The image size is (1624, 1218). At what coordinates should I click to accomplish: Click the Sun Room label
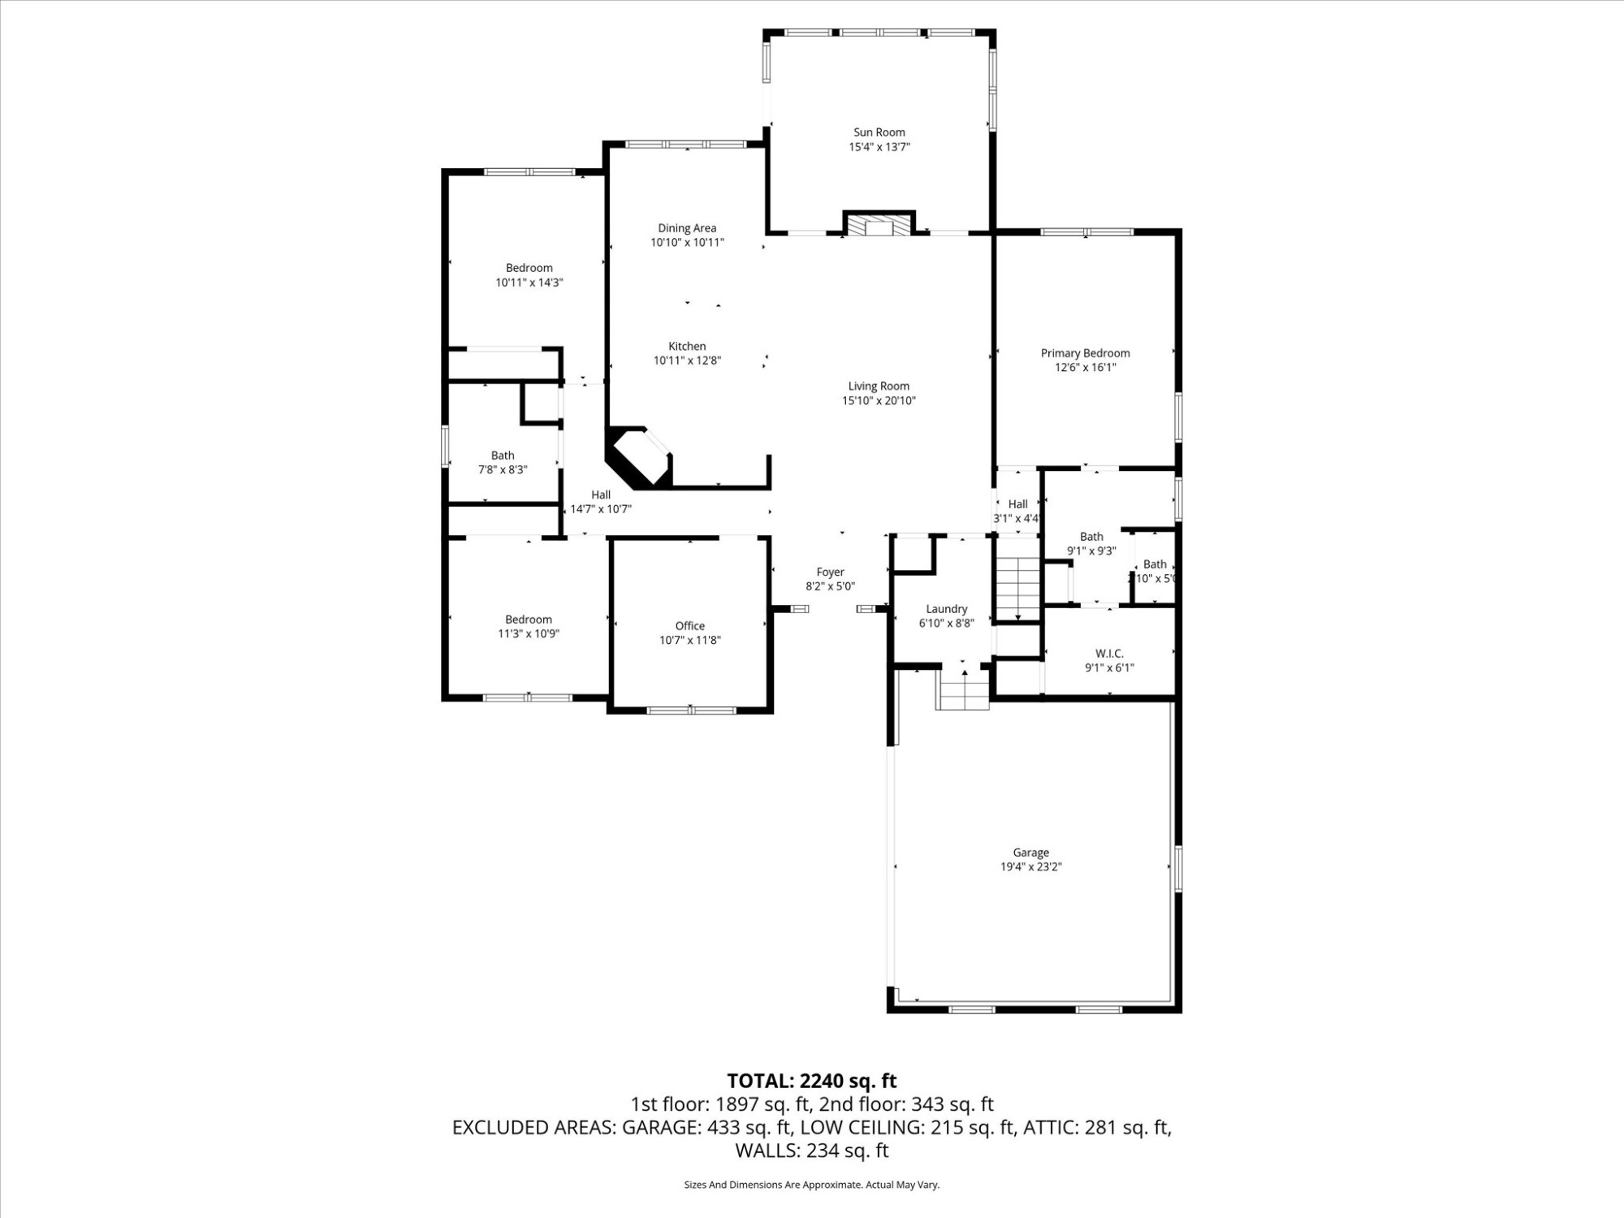click(x=879, y=132)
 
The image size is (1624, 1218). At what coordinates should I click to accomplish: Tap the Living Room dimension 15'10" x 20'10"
click(x=879, y=400)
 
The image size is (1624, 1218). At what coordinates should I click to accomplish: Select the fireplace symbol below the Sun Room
click(x=879, y=225)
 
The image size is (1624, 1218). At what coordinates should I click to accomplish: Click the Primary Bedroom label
click(x=1085, y=353)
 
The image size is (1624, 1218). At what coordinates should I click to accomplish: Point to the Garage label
click(x=1030, y=853)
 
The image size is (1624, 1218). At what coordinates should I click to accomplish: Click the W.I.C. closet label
click(x=1109, y=654)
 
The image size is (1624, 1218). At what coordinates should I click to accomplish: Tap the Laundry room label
click(x=946, y=609)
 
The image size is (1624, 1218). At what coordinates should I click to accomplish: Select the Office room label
click(x=689, y=626)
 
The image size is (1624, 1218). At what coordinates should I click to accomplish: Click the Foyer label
click(x=830, y=572)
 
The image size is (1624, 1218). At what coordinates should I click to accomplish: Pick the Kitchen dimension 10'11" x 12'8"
click(x=687, y=361)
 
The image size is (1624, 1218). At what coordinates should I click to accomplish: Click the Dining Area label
click(x=687, y=228)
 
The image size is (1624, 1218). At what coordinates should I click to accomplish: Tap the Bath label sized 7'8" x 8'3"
click(x=502, y=456)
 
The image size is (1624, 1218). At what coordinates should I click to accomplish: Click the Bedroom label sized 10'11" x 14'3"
click(x=529, y=268)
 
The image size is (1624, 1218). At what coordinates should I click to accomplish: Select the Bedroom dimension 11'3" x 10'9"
click(x=529, y=634)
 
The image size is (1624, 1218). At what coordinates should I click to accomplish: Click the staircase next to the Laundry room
click(x=1017, y=589)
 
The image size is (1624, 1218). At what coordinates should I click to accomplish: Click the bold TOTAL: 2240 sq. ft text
click(x=811, y=1081)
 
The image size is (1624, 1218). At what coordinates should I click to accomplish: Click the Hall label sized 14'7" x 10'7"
click(x=601, y=495)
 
